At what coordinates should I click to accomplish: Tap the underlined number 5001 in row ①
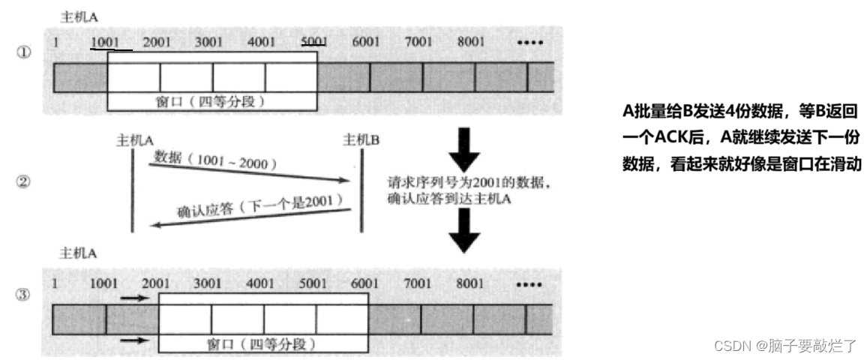tap(313, 42)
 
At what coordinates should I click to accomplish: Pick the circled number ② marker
tap(23, 181)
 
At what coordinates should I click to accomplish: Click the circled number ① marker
tap(23, 54)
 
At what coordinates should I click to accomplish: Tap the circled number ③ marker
tap(23, 295)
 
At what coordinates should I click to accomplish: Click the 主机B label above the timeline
tap(361, 140)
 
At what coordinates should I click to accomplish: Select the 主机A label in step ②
tap(135, 140)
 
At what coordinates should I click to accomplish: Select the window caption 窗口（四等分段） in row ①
tap(211, 100)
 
